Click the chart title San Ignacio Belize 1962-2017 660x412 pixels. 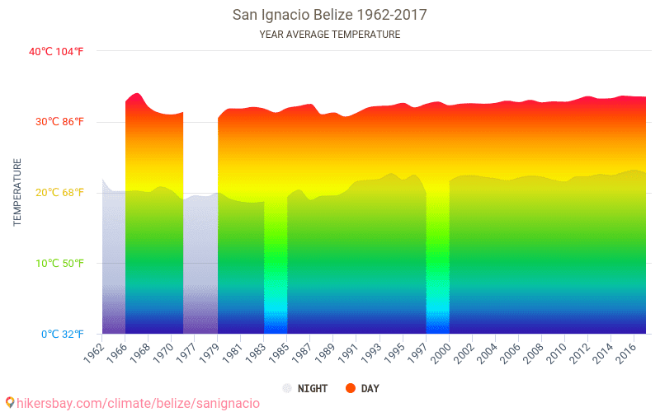[x=329, y=15]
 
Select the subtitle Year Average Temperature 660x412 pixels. [x=329, y=35]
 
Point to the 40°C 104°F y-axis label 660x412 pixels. [x=56, y=51]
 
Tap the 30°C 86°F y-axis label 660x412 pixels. [x=56, y=122]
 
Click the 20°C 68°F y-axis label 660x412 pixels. [x=56, y=193]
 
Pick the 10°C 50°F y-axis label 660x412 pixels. [x=56, y=264]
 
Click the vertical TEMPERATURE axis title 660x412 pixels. [x=17, y=193]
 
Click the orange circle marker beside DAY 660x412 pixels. [x=351, y=388]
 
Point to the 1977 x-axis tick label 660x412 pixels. [x=186, y=350]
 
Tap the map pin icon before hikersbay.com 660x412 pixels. [x=9, y=402]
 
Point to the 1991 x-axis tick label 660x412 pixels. [x=348, y=350]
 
